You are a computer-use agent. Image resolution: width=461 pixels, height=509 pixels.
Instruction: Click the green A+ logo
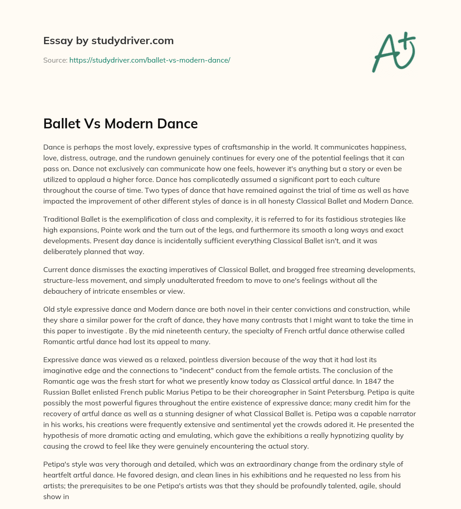point(393,52)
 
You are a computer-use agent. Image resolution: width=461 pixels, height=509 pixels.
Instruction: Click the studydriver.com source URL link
point(149,60)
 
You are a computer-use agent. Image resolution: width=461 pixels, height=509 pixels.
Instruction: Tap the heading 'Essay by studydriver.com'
point(108,41)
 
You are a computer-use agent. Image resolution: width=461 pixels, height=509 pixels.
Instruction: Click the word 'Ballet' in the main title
point(61,123)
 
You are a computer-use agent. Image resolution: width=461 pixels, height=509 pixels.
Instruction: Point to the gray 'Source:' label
point(55,60)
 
